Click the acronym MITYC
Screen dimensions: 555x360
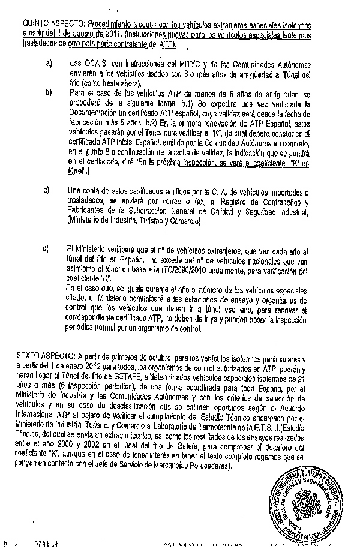183,62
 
